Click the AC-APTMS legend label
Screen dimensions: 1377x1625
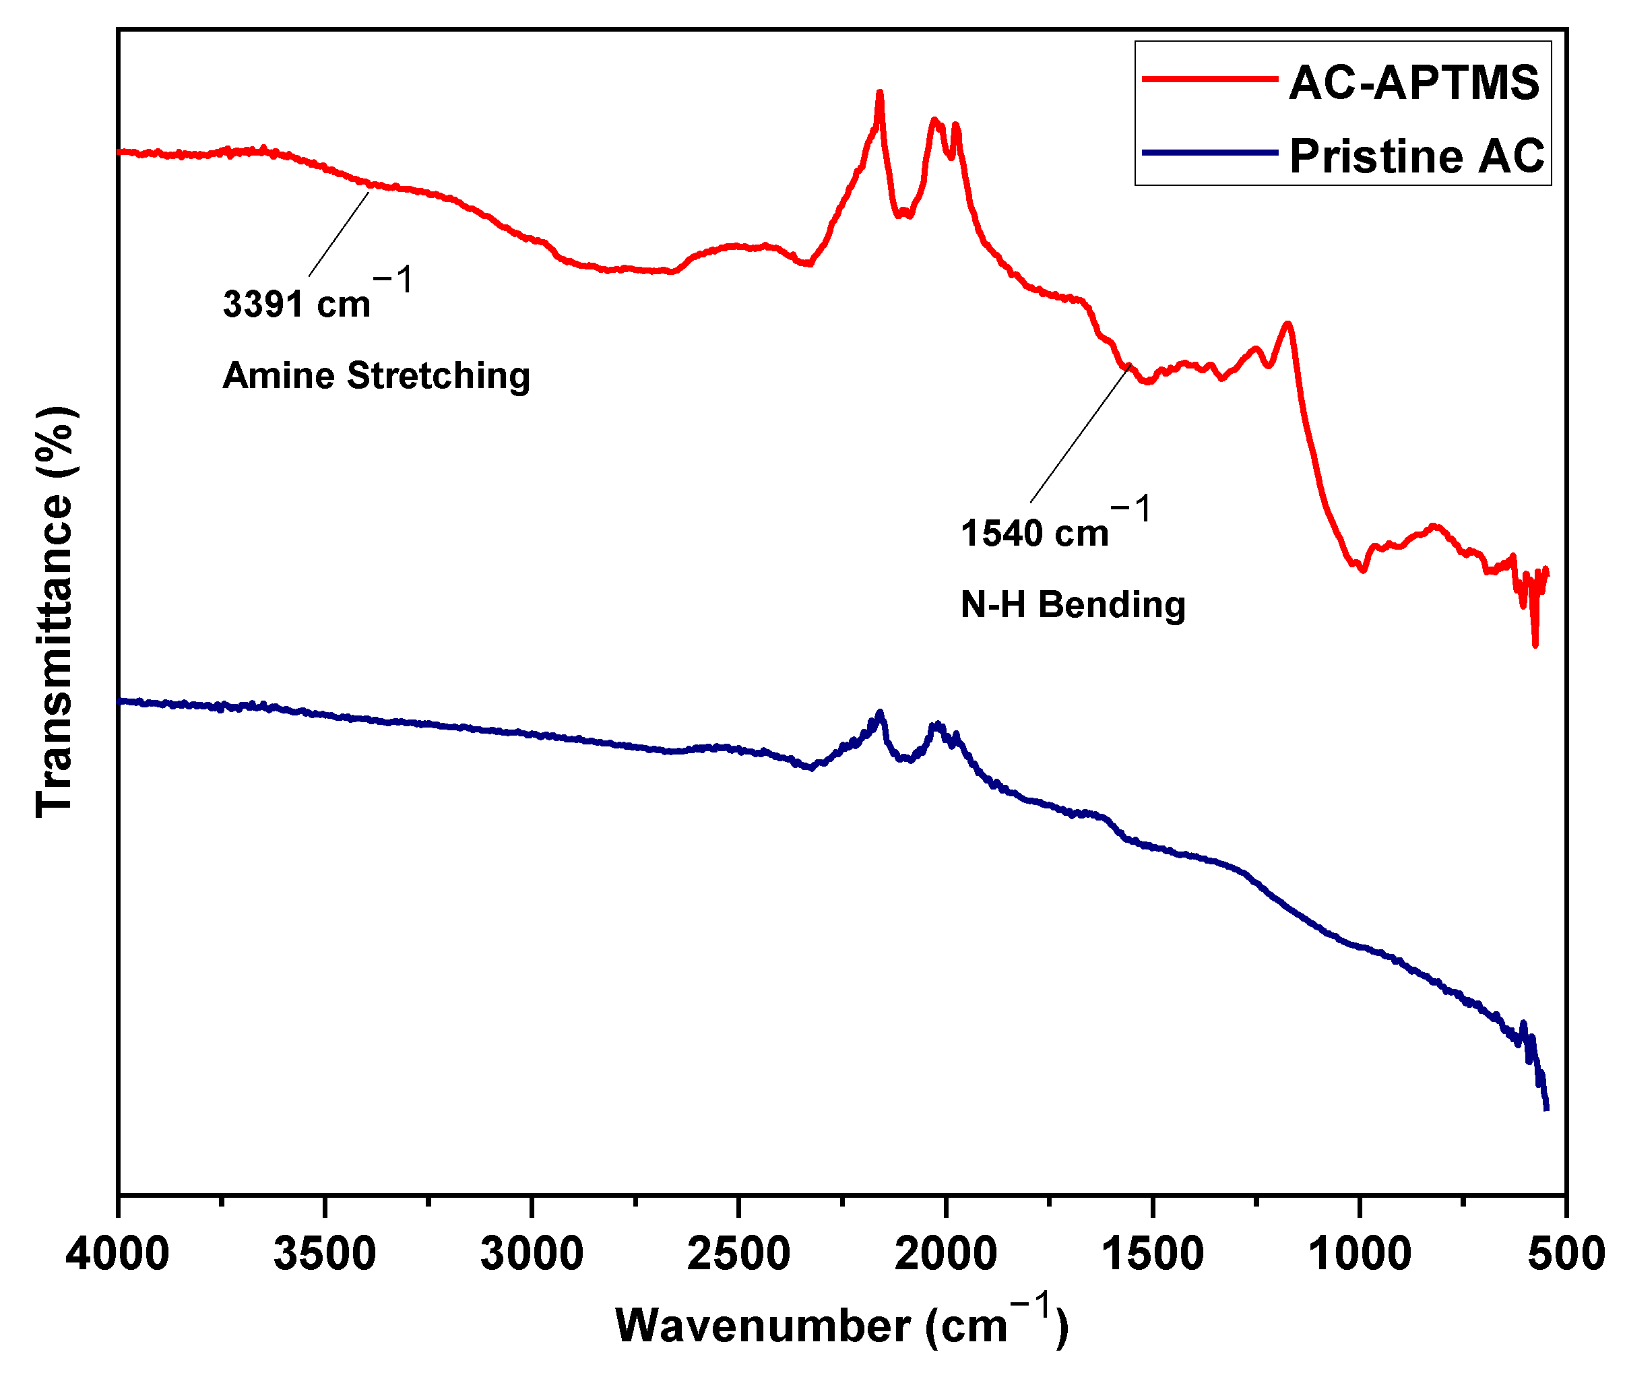coord(1413,83)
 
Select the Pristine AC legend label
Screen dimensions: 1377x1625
coord(1416,156)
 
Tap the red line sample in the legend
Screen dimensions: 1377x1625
coord(1209,79)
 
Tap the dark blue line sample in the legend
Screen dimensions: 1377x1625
coord(1209,152)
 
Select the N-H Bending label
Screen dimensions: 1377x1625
coord(1073,605)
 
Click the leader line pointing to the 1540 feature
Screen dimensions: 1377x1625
coord(1079,434)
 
